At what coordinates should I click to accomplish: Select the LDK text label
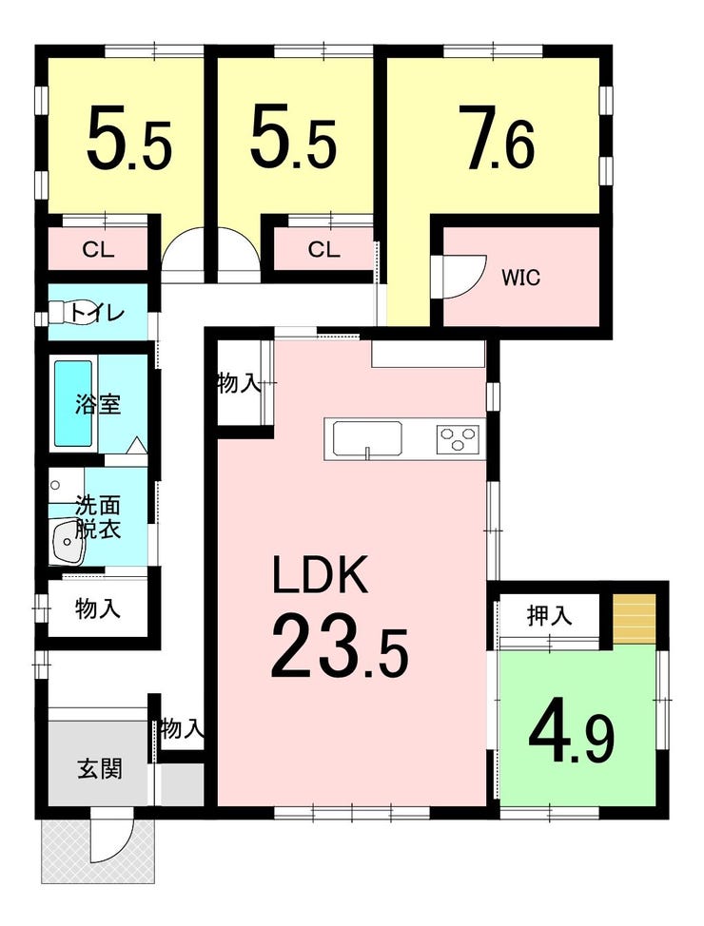tap(321, 574)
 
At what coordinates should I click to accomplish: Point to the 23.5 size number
tap(340, 646)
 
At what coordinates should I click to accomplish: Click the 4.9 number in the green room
tap(571, 740)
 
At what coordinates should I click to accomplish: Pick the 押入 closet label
tap(549, 615)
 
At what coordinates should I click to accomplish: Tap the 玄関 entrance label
tap(99, 768)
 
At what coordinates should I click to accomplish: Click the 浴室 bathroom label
tap(98, 404)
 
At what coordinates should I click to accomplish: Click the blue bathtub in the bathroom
tap(73, 403)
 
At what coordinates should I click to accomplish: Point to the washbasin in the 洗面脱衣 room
tap(68, 539)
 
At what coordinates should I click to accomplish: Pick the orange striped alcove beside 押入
tap(635, 620)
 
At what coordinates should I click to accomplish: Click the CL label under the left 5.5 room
tap(98, 250)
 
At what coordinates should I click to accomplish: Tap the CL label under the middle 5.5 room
tap(323, 250)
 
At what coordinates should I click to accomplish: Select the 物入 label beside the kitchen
tap(239, 384)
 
